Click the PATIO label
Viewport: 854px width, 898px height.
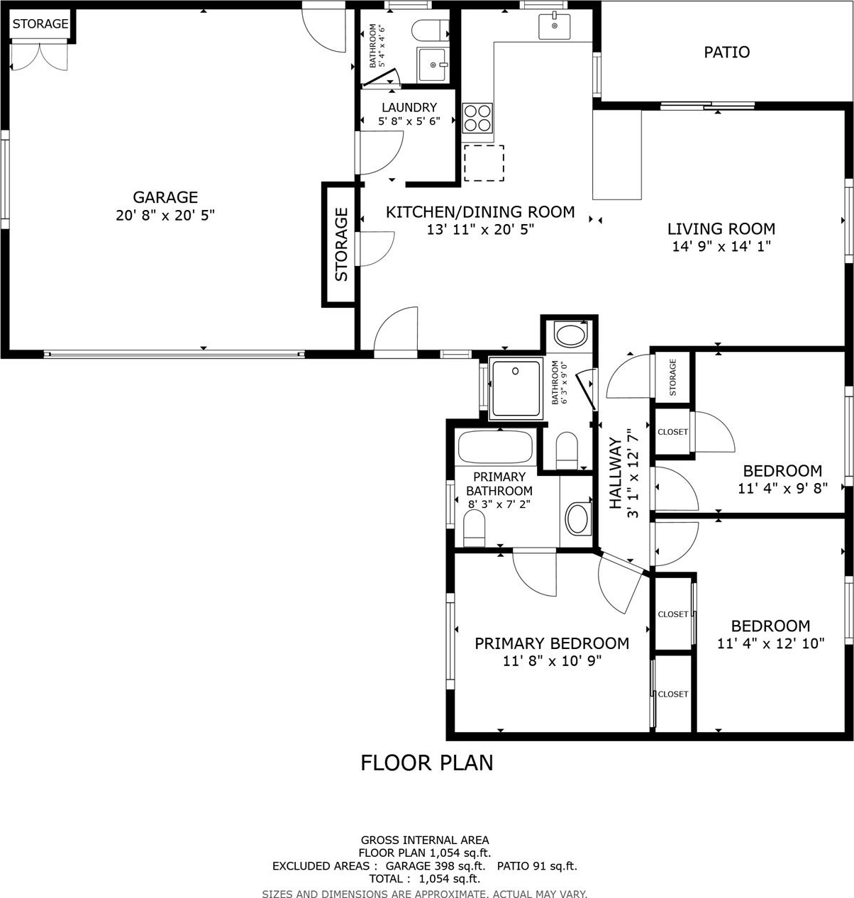pos(726,52)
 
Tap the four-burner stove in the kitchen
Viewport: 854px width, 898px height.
pos(477,117)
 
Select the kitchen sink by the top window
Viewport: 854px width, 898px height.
pos(554,26)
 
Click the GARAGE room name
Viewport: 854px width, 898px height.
pos(165,197)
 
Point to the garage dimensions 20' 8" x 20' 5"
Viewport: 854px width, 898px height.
pos(165,215)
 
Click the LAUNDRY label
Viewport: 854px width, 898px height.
pos(409,107)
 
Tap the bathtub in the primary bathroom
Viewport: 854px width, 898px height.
pos(495,447)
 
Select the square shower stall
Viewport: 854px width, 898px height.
pos(516,388)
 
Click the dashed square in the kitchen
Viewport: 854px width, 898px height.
pos(484,163)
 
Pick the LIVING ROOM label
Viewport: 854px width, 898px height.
pos(721,229)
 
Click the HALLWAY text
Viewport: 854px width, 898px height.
pos(616,473)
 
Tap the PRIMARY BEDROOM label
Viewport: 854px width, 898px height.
pos(552,643)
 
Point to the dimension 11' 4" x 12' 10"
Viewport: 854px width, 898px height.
pos(771,643)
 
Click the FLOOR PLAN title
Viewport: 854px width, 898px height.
pos(427,763)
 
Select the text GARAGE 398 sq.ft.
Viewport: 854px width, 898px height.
pos(435,865)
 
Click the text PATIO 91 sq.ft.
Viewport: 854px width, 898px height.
pos(537,865)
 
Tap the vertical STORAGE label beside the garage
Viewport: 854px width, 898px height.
pos(341,245)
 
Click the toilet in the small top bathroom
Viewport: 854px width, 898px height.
pos(431,31)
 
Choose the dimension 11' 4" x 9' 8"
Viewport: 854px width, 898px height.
pos(783,489)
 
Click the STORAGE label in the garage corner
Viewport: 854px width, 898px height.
pos(40,23)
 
